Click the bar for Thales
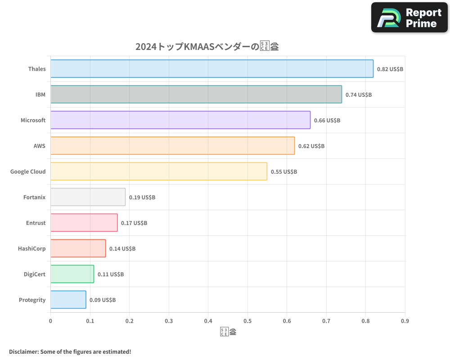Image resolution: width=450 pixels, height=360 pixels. tap(211, 69)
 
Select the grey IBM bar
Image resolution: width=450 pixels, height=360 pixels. tap(196, 94)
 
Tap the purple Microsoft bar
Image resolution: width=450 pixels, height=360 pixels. tap(180, 120)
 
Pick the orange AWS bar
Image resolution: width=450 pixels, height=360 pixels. tap(172, 146)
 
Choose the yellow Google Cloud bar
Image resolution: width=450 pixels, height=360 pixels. tap(158, 171)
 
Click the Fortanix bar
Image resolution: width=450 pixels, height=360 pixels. tap(88, 197)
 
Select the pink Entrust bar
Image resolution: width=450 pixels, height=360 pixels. tap(84, 223)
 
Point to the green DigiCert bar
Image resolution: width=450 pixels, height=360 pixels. tap(72, 274)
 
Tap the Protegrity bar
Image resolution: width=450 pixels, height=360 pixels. tap(68, 300)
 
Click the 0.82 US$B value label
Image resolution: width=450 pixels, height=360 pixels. tap(390, 69)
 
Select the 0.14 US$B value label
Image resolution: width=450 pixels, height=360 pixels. tap(122, 249)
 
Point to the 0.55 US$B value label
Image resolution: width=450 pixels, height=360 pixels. tap(283, 172)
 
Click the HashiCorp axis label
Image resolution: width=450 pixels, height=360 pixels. tap(31, 248)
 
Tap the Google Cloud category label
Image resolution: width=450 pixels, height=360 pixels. tap(28, 171)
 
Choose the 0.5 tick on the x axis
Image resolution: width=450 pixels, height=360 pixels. tap(247, 321)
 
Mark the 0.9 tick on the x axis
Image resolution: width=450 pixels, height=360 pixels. tap(405, 321)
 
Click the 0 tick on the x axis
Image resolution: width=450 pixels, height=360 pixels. tap(50, 321)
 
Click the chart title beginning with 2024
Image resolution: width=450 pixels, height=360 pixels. tap(207, 47)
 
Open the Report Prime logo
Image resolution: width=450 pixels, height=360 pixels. tap(409, 18)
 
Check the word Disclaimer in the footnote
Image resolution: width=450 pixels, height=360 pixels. tap(23, 351)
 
